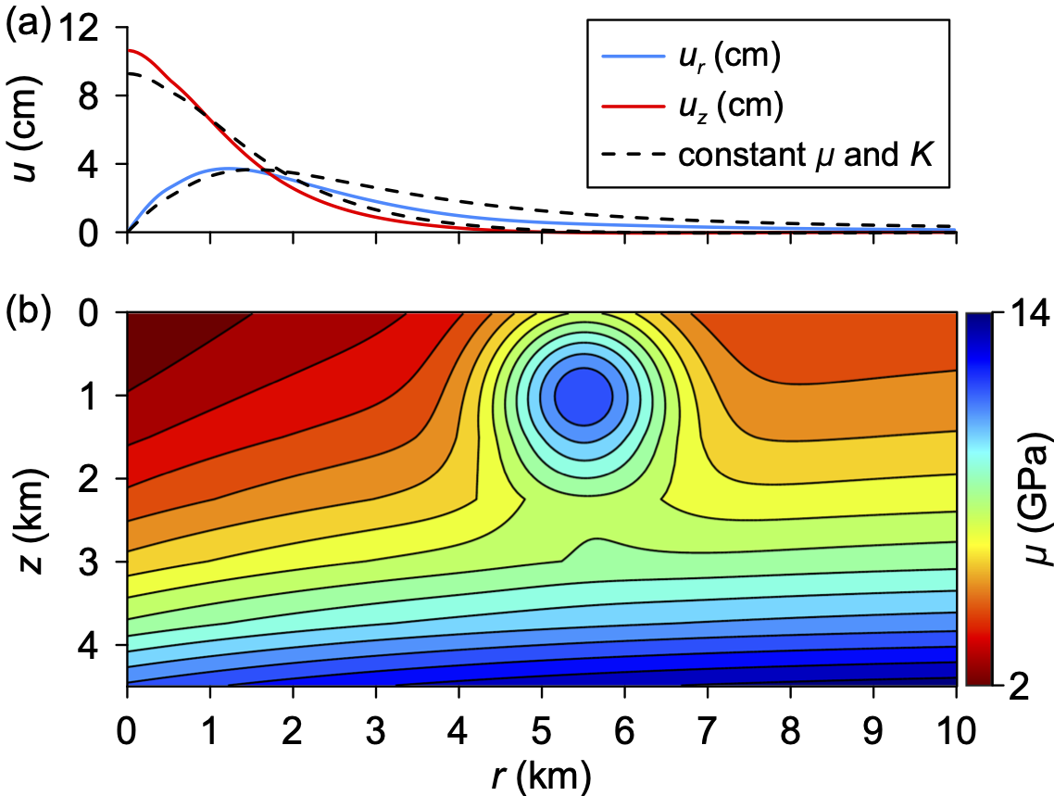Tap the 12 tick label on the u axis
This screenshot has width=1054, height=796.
80,28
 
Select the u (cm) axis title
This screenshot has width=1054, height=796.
26,130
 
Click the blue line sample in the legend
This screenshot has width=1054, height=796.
633,57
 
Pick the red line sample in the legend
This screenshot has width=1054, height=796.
633,106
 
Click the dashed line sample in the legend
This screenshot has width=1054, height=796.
633,155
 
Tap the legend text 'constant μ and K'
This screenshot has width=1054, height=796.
805,156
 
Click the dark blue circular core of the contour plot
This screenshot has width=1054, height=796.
583,396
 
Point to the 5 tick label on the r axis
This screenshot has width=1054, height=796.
542,731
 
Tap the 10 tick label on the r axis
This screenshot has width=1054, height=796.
956,731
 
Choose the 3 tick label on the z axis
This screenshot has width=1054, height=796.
88,562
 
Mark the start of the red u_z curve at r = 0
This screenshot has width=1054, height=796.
128,50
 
